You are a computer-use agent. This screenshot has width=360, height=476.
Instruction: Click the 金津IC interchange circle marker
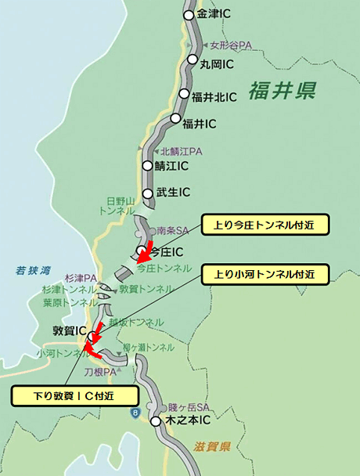pyautogui.click(x=189, y=15)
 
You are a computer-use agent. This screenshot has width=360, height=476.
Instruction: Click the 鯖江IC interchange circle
pyautogui.click(x=147, y=166)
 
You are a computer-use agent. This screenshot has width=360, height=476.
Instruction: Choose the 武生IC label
pyautogui.click(x=173, y=192)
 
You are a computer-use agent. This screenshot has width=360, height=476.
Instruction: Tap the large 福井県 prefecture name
pyautogui.click(x=283, y=92)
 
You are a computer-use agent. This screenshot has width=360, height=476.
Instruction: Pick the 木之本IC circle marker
pyautogui.click(x=156, y=421)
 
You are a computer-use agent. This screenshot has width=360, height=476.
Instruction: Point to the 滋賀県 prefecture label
pyautogui.click(x=211, y=447)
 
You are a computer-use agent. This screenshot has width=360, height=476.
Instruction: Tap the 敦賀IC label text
pyautogui.click(x=69, y=330)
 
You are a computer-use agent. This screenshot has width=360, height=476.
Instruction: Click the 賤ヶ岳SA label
pyautogui.click(x=186, y=407)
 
